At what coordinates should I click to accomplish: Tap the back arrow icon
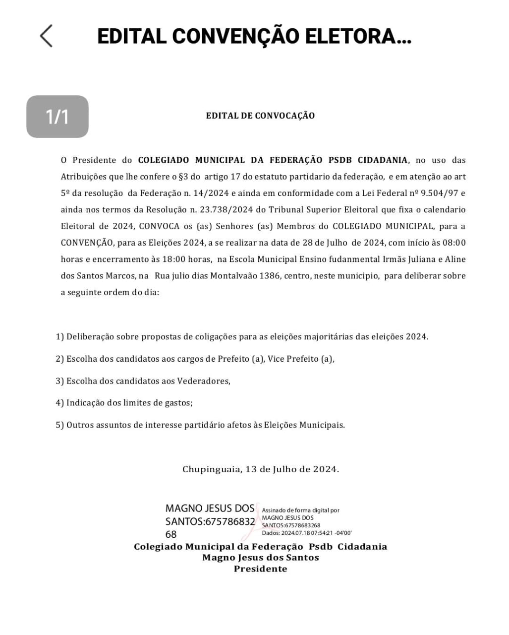46,36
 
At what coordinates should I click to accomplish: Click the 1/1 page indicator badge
57,117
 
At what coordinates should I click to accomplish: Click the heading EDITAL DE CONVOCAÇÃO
260,116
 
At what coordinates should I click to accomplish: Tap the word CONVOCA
159,226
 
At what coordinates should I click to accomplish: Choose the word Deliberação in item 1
90,337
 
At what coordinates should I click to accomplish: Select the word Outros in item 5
81,425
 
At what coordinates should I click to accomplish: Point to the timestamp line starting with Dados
307,533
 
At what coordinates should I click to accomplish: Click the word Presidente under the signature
261,569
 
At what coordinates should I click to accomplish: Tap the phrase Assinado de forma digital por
301,510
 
